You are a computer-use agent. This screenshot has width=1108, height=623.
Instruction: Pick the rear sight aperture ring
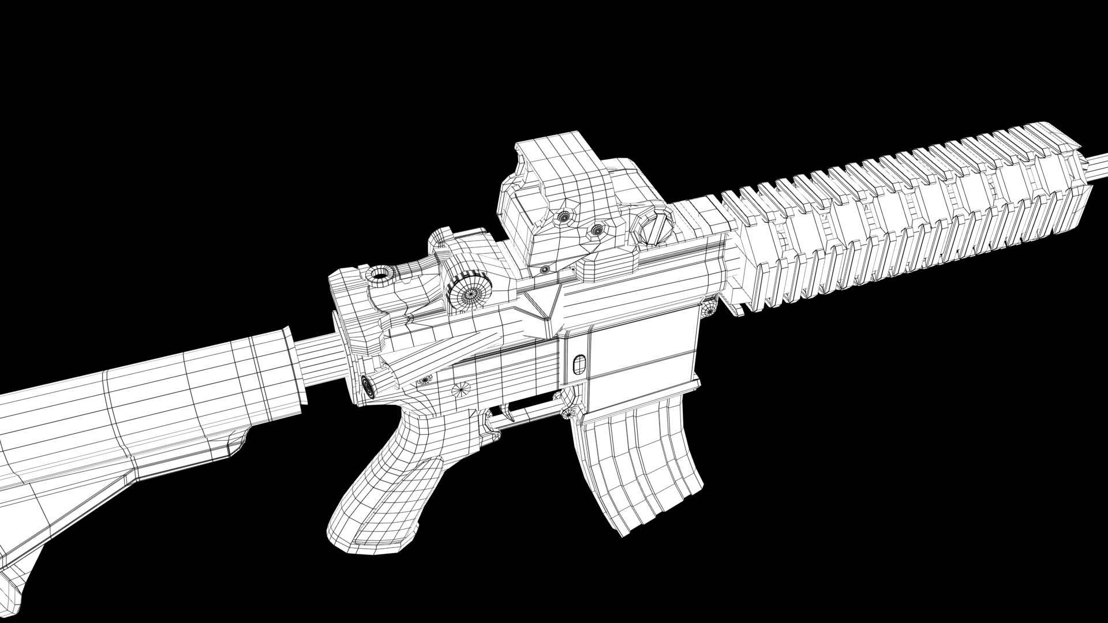tap(380, 276)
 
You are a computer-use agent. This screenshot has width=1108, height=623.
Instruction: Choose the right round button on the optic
tap(595, 230)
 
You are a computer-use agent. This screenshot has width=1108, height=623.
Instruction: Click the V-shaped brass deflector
tap(542, 303)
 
